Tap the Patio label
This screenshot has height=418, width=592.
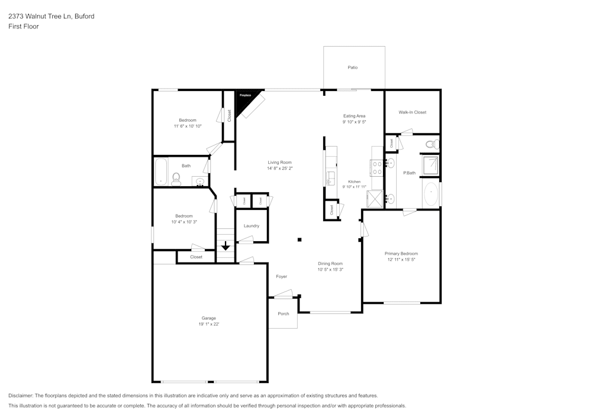pos(352,68)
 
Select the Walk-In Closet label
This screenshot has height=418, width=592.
pos(412,112)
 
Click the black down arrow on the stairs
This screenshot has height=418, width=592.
pos(226,245)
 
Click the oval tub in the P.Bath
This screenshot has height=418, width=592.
pos(431,195)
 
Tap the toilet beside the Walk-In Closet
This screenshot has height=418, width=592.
pos(431,144)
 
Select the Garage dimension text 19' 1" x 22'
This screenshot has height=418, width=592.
pos(209,324)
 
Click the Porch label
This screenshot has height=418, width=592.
pos(284,313)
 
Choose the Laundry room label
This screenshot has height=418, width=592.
pos(252,226)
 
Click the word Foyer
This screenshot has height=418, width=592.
pos(281,277)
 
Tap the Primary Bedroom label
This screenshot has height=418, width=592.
pos(401,254)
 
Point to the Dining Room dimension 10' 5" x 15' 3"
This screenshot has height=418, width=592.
pos(330,270)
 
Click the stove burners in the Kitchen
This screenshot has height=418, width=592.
pos(377,168)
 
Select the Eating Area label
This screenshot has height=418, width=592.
pos(354,116)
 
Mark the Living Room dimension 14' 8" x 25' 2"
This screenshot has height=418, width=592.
pos(279,169)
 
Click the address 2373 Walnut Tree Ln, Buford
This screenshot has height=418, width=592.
pos(51,17)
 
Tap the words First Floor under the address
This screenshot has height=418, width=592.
pos(24,27)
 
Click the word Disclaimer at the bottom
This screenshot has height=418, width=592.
pos(21,396)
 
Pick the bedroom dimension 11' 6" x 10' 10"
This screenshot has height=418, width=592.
pos(188,126)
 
